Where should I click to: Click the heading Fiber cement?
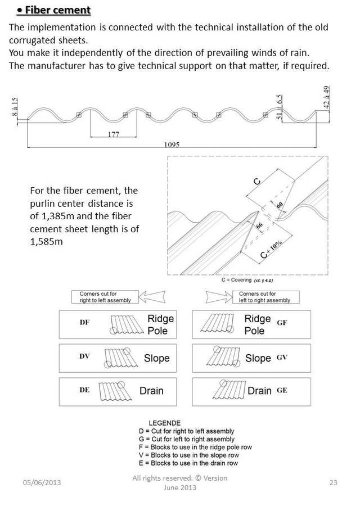click(54, 11)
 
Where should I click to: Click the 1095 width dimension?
click(172, 144)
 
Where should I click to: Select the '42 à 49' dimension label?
click(326, 100)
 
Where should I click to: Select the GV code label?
click(282, 357)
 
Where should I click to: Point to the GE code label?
click(282, 390)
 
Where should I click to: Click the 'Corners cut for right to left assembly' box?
click(101, 297)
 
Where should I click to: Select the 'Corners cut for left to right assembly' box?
click(264, 297)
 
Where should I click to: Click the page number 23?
click(333, 483)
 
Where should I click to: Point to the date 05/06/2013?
click(42, 483)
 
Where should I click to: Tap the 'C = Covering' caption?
click(247, 279)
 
